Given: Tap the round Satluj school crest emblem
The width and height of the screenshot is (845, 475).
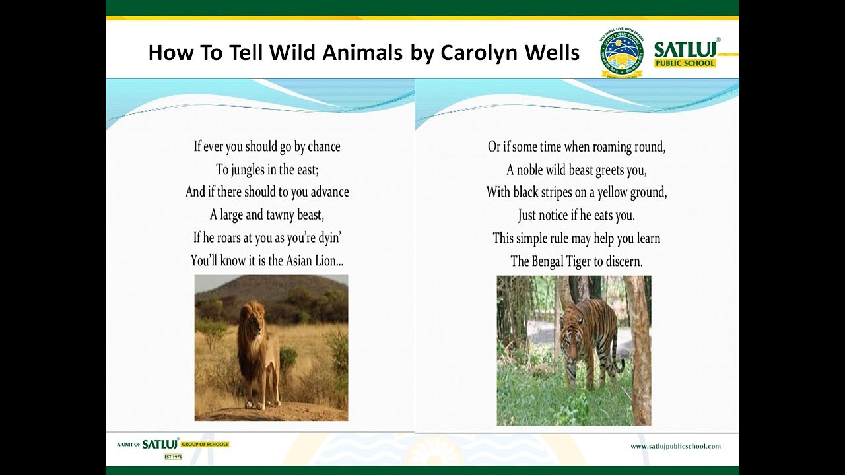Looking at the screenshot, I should coord(621,52).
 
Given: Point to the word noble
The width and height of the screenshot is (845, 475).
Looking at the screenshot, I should coord(529,170).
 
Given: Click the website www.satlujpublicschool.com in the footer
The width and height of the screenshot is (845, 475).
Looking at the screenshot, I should coord(675,447).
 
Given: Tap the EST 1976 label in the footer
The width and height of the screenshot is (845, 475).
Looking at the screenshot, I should coord(173,457).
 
